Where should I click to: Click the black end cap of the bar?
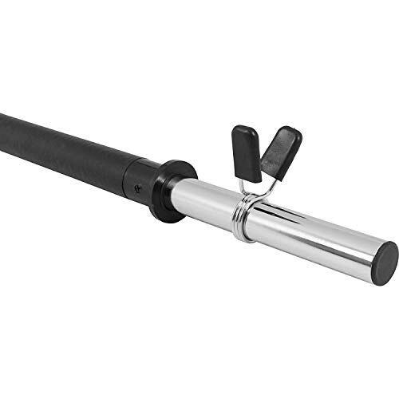(x=385, y=259)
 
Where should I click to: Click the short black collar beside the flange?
(x=144, y=180)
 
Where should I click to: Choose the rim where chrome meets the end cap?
(x=373, y=255)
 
